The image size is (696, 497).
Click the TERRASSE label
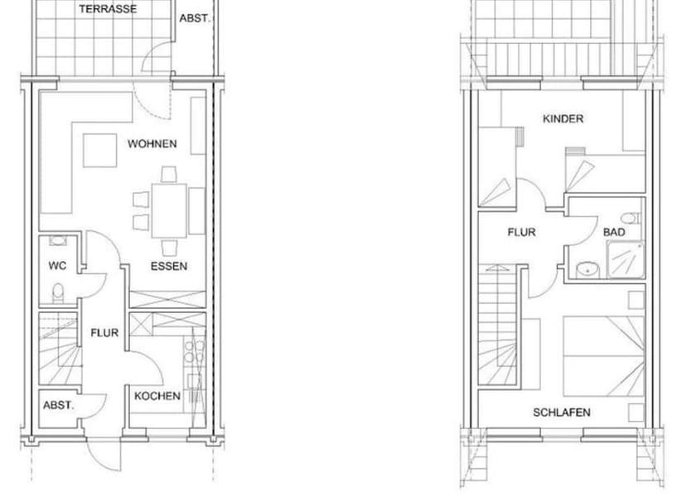[109, 9]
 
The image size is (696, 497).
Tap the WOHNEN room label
[152, 144]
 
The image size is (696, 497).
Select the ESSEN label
[169, 267]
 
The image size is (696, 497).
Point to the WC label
[57, 267]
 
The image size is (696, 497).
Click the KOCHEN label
[157, 396]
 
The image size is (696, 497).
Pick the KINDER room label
[563, 119]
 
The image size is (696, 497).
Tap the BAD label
[614, 233]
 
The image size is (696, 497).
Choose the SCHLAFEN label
[563, 412]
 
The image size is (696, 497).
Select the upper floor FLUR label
[521, 233]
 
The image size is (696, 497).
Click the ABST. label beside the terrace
[194, 17]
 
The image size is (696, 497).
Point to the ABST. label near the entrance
[58, 406]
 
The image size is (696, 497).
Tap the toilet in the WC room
[57, 292]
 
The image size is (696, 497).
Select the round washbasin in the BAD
[588, 268]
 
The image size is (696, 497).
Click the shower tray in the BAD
[626, 256]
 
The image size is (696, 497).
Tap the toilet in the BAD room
[631, 218]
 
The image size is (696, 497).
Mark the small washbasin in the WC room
[57, 241]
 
